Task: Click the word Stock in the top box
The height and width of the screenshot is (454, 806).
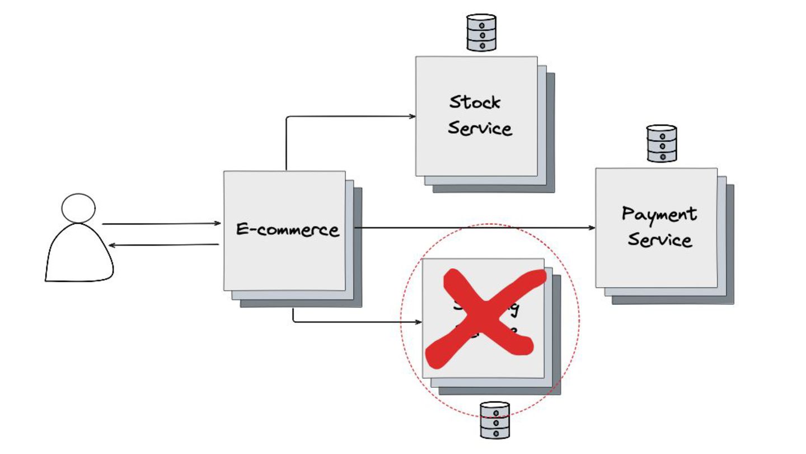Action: click(475, 102)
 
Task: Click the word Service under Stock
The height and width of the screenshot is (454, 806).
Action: click(480, 128)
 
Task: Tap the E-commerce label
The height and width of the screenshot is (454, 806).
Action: click(288, 230)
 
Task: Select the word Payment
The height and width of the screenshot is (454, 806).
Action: click(659, 214)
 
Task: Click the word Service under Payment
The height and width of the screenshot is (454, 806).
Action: click(659, 240)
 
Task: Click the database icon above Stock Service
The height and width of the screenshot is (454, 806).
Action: click(481, 33)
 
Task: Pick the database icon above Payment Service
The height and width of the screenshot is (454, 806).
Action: click(662, 144)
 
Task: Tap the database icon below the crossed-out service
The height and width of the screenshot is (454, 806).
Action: click(495, 420)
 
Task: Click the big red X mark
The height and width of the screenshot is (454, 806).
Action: click(484, 317)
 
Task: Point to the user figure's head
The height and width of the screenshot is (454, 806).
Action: click(78, 208)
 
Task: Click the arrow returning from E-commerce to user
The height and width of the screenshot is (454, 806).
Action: click(162, 245)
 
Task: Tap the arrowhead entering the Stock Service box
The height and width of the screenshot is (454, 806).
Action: click(413, 117)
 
